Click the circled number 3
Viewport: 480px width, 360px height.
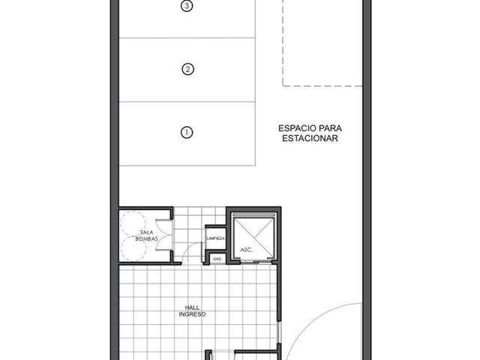click(x=187, y=6)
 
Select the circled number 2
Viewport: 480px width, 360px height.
click(x=187, y=69)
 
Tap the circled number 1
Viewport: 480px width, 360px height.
click(x=187, y=133)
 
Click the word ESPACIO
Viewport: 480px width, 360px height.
click(x=297, y=128)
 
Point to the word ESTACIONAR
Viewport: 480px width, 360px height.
click(x=310, y=138)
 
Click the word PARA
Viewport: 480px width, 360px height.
click(x=331, y=128)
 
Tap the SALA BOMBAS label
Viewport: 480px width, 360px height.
click(x=147, y=235)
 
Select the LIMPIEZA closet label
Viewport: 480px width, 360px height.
click(x=216, y=238)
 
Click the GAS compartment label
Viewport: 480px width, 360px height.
click(x=217, y=259)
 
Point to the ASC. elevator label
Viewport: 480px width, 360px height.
click(x=247, y=250)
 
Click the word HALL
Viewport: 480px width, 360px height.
click(x=192, y=307)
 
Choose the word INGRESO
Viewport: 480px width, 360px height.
click(x=192, y=314)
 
